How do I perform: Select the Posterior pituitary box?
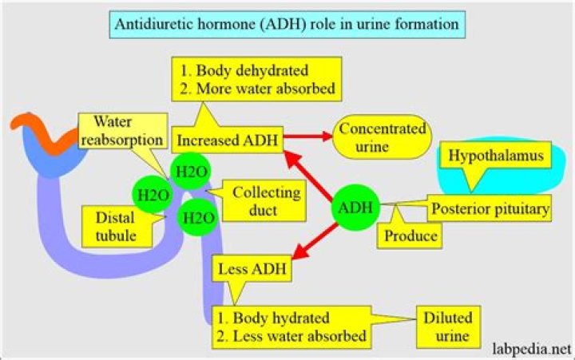(x=489, y=208)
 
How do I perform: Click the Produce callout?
(x=410, y=236)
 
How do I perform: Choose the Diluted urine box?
(x=448, y=325)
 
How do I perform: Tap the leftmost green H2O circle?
(x=151, y=194)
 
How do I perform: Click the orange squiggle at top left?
(x=35, y=128)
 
